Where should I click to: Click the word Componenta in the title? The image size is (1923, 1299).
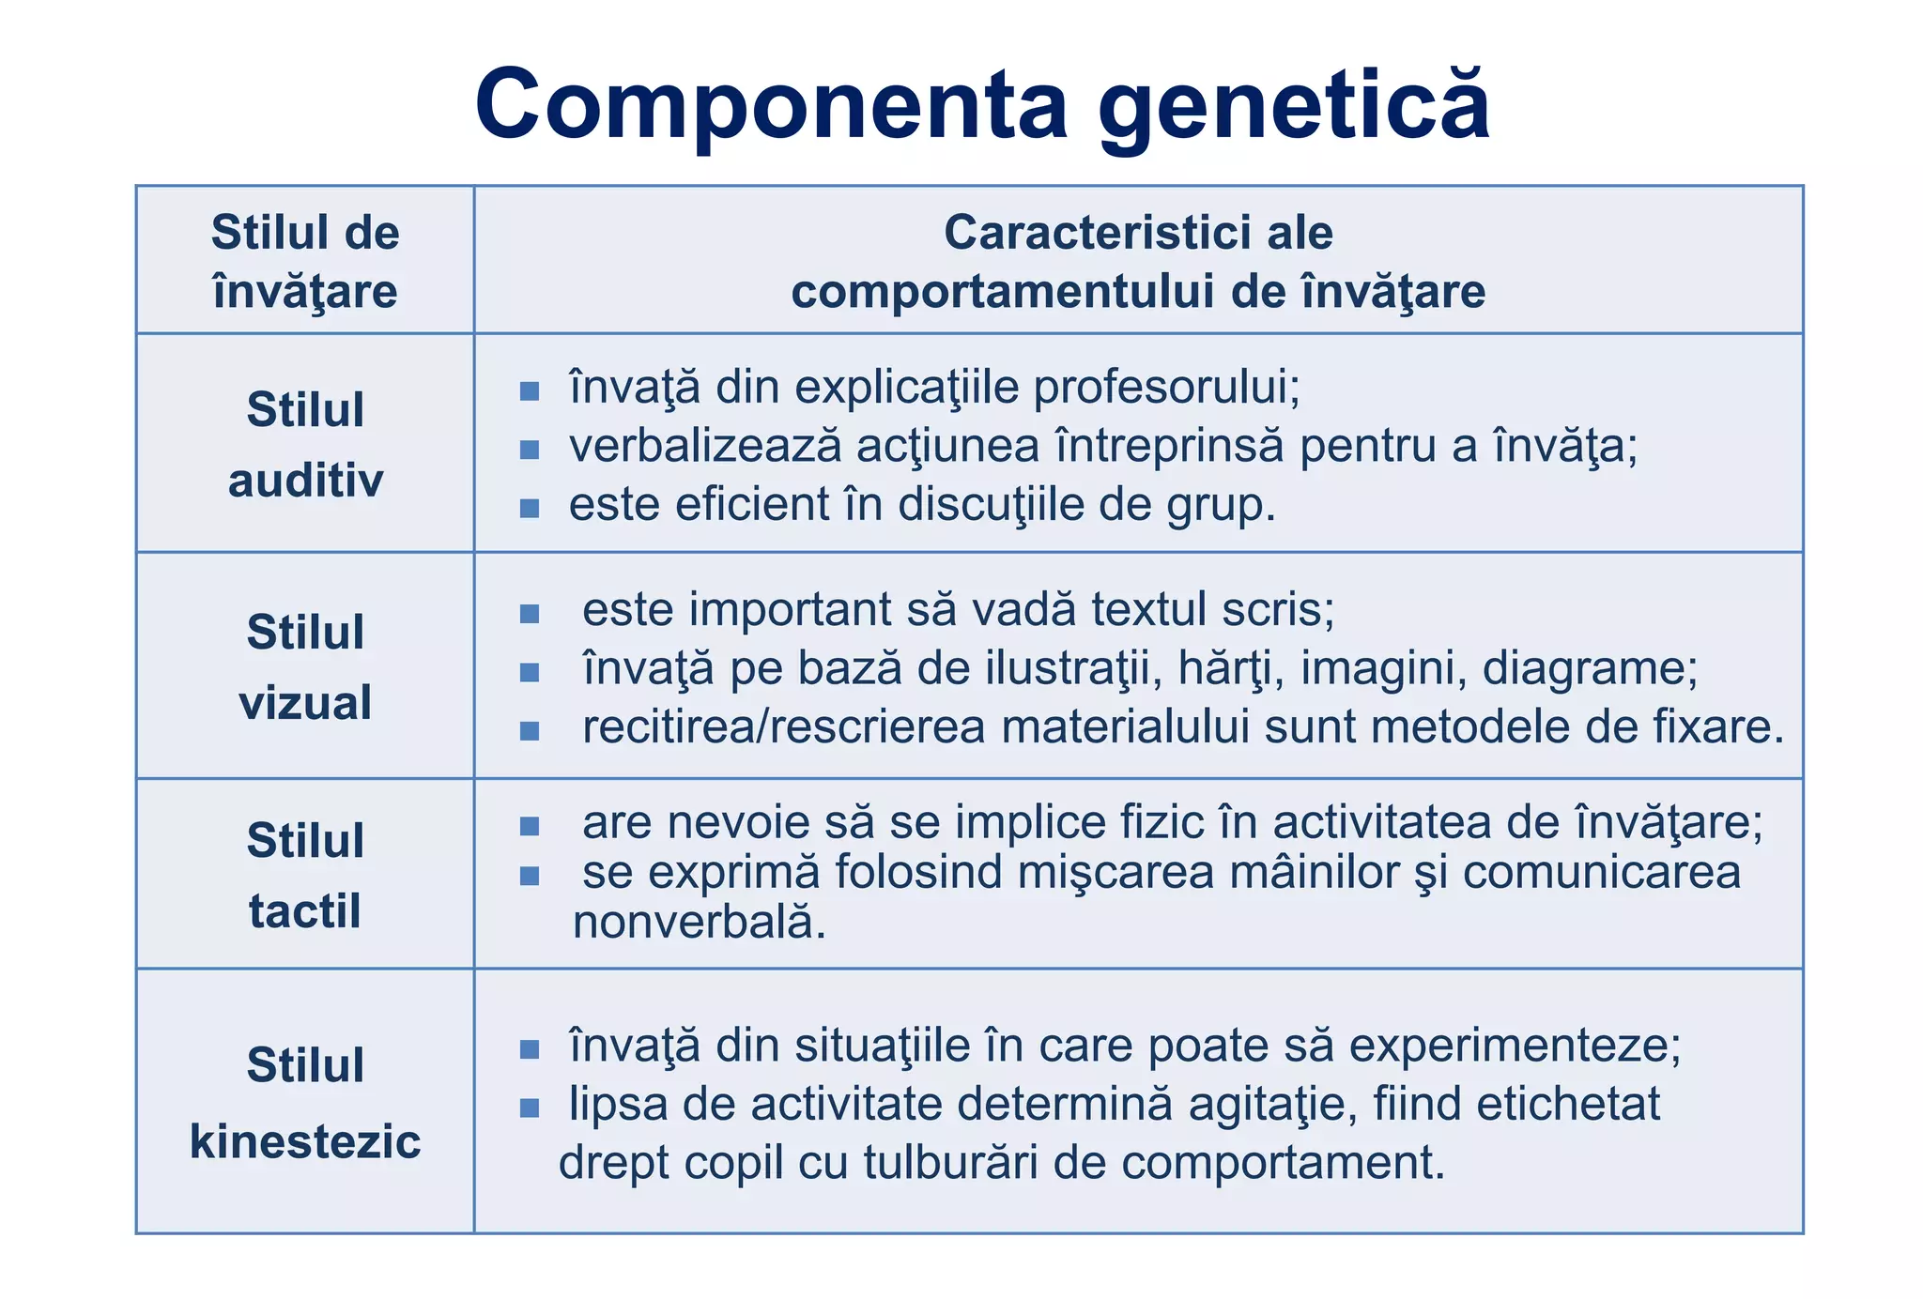click(x=772, y=105)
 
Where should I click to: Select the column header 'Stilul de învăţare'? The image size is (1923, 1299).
click(x=305, y=261)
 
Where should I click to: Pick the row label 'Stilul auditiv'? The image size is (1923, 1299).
click(x=305, y=445)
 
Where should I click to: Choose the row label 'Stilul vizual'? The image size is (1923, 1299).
click(x=305, y=666)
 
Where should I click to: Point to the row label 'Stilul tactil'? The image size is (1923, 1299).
click(x=305, y=875)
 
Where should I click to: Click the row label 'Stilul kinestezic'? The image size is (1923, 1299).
click(x=305, y=1103)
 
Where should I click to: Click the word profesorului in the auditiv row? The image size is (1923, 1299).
click(x=1166, y=387)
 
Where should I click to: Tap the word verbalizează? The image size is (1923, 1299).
click(x=705, y=446)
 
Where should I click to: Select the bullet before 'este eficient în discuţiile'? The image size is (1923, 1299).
click(x=530, y=508)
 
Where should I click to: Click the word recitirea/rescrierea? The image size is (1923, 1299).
click(x=783, y=727)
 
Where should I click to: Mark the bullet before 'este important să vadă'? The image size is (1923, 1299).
click(x=530, y=614)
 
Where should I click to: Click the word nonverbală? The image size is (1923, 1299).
click(x=700, y=923)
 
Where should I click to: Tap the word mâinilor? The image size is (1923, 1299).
click(x=1315, y=872)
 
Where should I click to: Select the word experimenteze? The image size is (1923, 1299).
click(x=1515, y=1046)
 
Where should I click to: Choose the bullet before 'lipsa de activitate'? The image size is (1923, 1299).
click(x=530, y=1108)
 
